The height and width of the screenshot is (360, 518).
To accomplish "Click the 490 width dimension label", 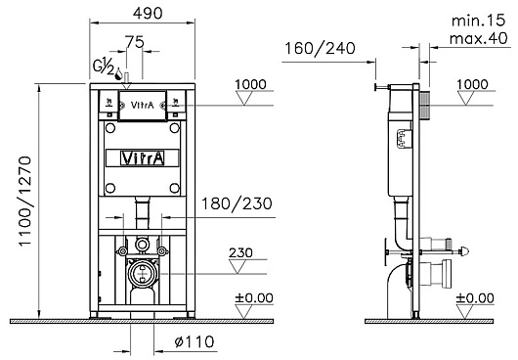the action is [148, 14].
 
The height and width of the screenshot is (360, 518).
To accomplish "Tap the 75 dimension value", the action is [135, 42].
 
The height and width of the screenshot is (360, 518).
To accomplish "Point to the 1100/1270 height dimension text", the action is [25, 201].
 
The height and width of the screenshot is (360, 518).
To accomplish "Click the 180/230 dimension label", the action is [237, 203].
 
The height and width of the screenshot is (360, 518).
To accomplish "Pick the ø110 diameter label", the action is [194, 341].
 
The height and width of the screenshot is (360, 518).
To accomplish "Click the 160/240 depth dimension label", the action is [320, 48].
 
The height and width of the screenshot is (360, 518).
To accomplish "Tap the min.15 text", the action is [478, 21].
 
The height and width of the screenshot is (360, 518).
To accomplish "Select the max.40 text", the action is [478, 38].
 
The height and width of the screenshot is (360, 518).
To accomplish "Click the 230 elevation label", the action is [240, 253].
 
